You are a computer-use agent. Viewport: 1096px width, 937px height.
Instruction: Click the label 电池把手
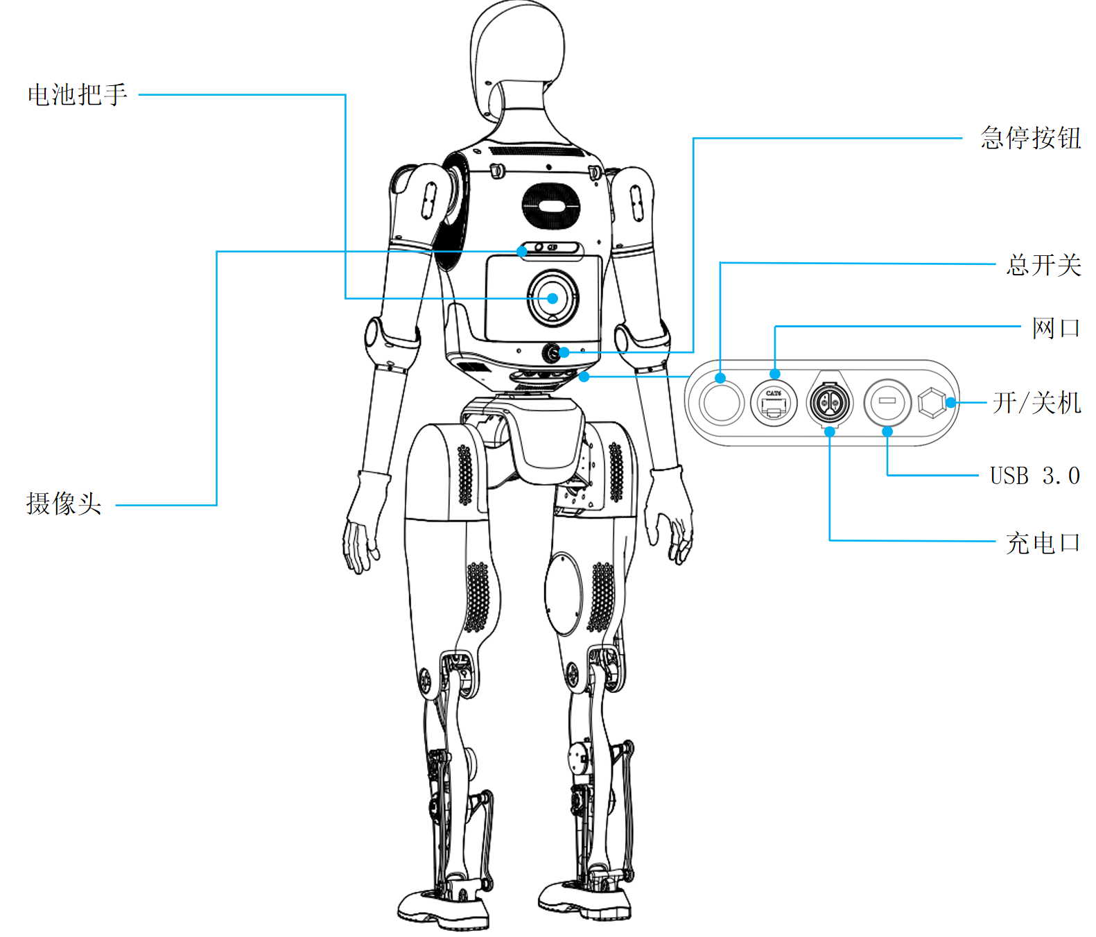click(x=77, y=95)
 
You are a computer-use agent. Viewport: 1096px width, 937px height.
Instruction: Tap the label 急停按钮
click(x=1030, y=138)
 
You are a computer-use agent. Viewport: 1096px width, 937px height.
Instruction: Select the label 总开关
click(x=1043, y=265)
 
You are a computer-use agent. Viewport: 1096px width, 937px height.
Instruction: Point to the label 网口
click(x=1056, y=327)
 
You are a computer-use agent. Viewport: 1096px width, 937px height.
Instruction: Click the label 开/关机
click(x=1036, y=403)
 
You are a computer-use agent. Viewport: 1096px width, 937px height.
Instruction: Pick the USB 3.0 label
click(x=1034, y=476)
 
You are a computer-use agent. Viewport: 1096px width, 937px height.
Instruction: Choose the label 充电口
click(x=1043, y=543)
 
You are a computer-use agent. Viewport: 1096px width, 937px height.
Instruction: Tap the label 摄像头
click(x=64, y=504)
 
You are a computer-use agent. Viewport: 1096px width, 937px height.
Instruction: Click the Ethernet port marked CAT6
click(x=774, y=403)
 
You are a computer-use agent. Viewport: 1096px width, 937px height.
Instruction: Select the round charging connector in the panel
click(x=830, y=402)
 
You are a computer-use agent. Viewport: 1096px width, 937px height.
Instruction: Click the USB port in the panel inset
click(x=887, y=402)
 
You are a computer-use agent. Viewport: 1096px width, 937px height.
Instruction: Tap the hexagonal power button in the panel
click(x=931, y=403)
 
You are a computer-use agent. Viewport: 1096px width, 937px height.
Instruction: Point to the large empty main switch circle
click(x=721, y=403)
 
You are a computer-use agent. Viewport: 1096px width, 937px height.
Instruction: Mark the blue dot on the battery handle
click(x=553, y=299)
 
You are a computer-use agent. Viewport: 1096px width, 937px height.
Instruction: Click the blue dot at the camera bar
click(x=522, y=252)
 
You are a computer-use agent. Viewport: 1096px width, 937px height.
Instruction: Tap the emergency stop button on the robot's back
click(x=552, y=353)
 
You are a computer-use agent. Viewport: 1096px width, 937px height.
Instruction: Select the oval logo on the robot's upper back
click(x=550, y=206)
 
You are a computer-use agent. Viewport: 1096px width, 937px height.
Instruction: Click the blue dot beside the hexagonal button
click(x=951, y=402)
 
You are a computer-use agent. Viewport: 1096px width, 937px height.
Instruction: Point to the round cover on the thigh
click(x=564, y=594)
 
